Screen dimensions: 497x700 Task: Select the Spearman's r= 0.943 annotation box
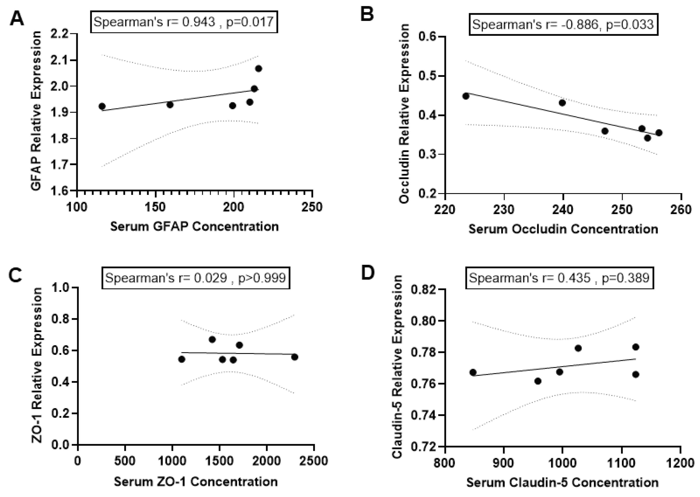(184, 22)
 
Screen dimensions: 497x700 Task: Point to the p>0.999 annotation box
(196, 278)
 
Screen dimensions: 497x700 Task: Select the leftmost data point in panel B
(466, 96)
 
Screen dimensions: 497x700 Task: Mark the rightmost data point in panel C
(294, 357)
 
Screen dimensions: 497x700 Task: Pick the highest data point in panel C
(212, 339)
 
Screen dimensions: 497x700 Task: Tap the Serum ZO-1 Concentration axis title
(196, 482)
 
